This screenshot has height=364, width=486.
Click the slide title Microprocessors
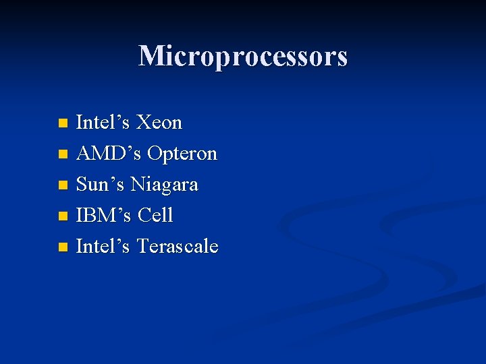coord(243,56)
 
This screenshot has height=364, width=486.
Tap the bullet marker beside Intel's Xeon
coord(63,123)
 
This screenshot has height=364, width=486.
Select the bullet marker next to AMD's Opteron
coord(63,154)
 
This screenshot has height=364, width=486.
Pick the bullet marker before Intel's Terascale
coord(63,247)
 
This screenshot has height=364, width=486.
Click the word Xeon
coord(159,123)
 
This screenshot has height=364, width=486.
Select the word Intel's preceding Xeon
coord(103,123)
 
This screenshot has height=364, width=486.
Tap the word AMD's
coord(109,154)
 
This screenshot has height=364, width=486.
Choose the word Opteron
coord(182,154)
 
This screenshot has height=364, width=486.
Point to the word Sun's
coord(101,185)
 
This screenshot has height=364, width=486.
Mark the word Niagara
coord(164,185)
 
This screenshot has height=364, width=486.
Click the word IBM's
coord(104,216)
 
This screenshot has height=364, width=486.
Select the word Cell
coord(155,216)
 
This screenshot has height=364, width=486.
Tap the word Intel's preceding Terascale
coord(103,247)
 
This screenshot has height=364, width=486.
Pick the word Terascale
coord(178,247)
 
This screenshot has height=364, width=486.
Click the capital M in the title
coord(150,56)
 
